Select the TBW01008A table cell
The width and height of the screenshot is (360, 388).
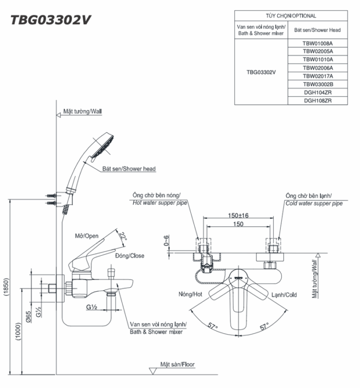317,44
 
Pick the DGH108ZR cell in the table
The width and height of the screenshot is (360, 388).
317,101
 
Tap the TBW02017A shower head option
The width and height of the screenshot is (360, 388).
317,76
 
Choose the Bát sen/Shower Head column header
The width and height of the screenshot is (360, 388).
317,30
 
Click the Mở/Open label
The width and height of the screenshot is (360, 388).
86,236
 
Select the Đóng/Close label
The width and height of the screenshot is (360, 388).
130,256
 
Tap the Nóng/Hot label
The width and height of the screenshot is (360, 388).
190,294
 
